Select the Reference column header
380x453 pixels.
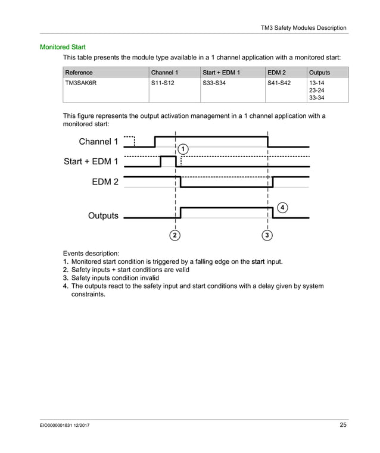click(79, 73)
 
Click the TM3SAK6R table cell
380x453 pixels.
click(80, 83)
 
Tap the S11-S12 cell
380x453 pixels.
click(163, 83)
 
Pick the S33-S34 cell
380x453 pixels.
click(214, 83)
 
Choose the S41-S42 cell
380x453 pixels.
click(279, 83)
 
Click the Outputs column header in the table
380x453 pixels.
click(319, 73)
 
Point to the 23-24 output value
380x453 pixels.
click(316, 90)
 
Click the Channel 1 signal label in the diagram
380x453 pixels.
click(98, 142)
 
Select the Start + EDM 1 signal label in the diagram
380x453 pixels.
click(91, 161)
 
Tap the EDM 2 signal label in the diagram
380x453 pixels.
click(105, 182)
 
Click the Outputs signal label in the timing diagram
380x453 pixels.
click(103, 215)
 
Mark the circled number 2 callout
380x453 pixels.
click(175, 235)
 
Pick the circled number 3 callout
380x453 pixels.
click(267, 235)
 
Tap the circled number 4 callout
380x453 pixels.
click(282, 207)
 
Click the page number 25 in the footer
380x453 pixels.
click(342, 424)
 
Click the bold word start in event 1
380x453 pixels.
click(258, 261)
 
